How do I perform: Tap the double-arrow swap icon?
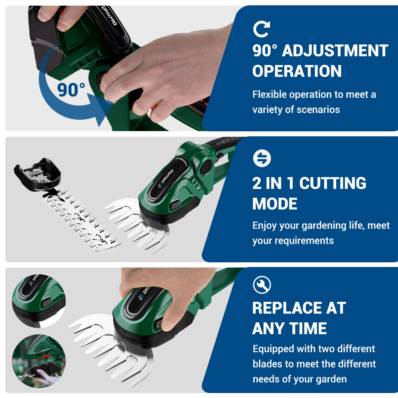click(262, 158)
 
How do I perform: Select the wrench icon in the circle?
click(262, 285)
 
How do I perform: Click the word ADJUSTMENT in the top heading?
click(335, 51)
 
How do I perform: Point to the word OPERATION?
click(297, 71)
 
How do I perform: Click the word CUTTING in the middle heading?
click(333, 183)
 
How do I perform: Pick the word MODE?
click(275, 204)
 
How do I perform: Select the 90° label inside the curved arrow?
click(71, 90)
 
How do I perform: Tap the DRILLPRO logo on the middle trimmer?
click(166, 179)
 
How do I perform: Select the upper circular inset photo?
click(38, 301)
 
